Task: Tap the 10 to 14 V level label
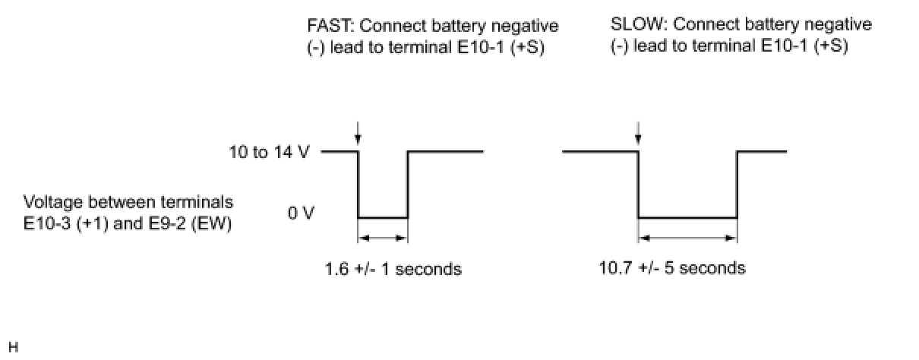(269, 152)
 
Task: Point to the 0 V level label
(300, 213)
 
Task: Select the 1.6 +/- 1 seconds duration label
(393, 268)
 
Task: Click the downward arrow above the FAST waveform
(358, 134)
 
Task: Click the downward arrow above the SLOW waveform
(638, 134)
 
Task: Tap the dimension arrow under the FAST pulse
(383, 238)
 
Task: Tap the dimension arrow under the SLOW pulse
(687, 238)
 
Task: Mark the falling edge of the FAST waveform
(358, 185)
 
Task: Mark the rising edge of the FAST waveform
(408, 185)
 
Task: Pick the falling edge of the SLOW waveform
(638, 185)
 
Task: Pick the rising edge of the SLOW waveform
(737, 185)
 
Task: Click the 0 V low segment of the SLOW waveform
(687, 218)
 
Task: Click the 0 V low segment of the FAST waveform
(383, 218)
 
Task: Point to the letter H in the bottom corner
(13, 347)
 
